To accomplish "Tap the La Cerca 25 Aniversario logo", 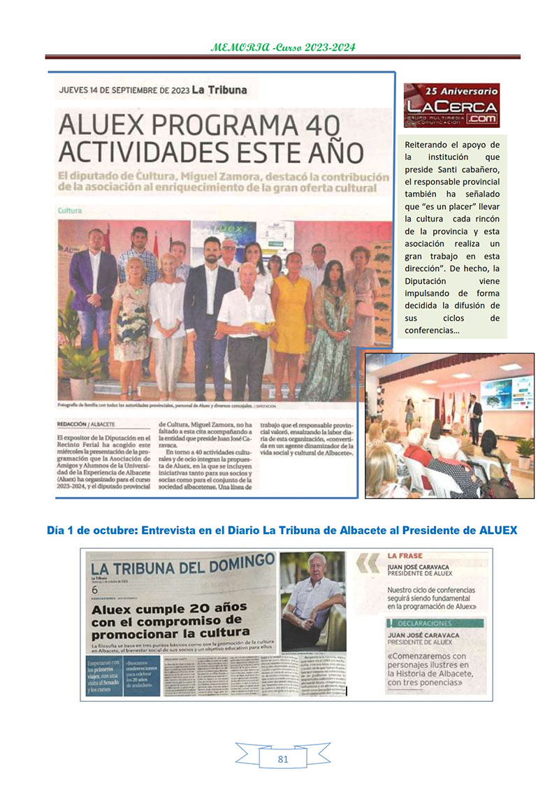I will click(x=451, y=106).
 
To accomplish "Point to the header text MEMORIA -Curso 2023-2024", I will click(x=282, y=48).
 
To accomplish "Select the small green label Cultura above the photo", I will click(x=70, y=210).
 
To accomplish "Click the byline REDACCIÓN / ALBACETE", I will click(x=86, y=424).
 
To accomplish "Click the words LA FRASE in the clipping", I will click(x=405, y=556).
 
